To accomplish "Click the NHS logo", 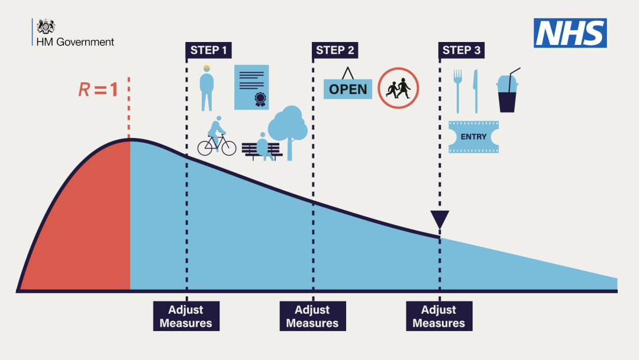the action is click(x=570, y=33).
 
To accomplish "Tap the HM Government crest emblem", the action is click(x=46, y=27).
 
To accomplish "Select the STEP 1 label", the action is click(x=208, y=50).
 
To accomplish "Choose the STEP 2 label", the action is click(x=334, y=50).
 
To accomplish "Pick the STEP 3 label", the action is click(x=461, y=50).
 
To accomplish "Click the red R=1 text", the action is click(x=98, y=89).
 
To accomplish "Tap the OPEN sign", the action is click(x=348, y=84).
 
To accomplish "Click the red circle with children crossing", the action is click(x=398, y=88).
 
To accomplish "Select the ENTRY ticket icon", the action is click(x=473, y=137).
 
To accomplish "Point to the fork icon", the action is click(x=458, y=91).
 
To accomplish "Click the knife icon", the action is click(x=476, y=91).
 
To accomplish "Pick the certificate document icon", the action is click(x=251, y=87).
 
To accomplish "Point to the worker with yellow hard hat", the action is click(x=206, y=88).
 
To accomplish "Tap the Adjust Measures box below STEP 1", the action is click(x=186, y=316).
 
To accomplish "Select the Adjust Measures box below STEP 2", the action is click(x=312, y=316).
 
